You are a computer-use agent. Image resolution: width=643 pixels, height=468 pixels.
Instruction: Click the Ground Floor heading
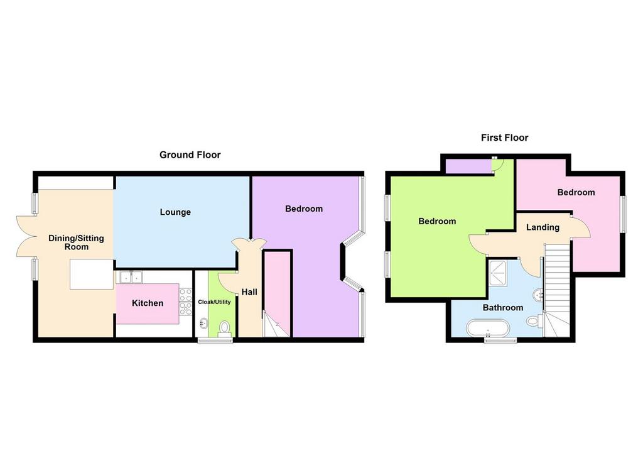[190, 155]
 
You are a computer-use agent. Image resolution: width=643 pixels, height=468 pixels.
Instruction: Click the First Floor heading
[504, 138]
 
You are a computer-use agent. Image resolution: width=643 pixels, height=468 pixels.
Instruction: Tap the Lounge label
[175, 212]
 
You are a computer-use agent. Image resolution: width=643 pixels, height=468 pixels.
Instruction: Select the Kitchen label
[148, 303]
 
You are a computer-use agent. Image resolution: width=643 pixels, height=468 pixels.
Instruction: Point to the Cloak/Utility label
[215, 302]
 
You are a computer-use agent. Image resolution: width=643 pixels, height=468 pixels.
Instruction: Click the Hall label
[249, 292]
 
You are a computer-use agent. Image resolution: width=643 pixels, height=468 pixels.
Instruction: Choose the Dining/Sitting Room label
[76, 242]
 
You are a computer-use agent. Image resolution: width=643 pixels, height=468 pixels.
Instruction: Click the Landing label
[543, 227]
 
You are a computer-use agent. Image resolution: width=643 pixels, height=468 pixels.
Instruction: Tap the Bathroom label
[503, 308]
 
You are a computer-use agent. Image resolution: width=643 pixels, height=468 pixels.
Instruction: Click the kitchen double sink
[131, 277]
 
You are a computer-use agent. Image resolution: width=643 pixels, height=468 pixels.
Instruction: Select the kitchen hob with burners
[185, 302]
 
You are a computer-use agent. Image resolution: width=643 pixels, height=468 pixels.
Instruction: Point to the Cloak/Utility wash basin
[203, 324]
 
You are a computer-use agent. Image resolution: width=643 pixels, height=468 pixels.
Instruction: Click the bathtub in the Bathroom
[488, 328]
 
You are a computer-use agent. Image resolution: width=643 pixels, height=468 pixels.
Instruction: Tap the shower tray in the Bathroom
[498, 274]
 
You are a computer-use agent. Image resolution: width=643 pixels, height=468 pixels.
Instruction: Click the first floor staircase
[557, 291]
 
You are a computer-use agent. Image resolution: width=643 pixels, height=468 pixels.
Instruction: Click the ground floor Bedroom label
[304, 209]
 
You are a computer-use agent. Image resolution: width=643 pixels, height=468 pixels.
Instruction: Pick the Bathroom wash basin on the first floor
[538, 295]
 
